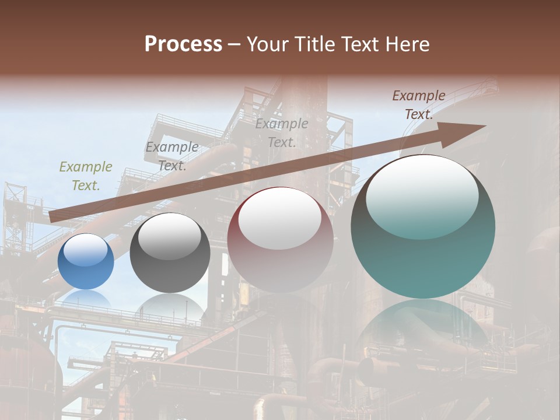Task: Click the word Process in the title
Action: (183, 44)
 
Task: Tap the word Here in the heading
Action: (406, 44)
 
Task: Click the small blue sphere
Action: (86, 261)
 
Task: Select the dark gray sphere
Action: (170, 253)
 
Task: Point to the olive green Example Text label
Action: (86, 176)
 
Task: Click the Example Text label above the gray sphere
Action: (172, 156)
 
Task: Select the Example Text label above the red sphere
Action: (282, 132)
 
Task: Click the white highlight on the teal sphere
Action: (422, 195)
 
